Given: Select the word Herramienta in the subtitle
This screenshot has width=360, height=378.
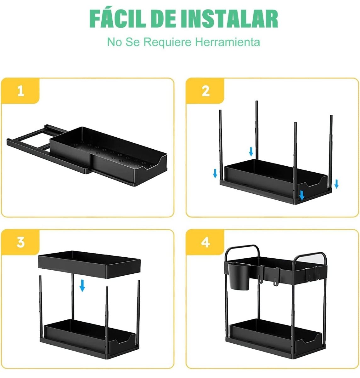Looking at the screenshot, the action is tap(228, 42).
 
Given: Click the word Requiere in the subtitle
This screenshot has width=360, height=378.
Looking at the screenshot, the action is tap(167, 42).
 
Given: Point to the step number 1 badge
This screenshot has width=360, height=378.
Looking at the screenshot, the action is tap(20, 91).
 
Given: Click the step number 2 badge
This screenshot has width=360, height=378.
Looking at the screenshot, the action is tap(205, 91).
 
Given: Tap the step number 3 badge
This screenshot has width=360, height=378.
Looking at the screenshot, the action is tap(20, 242).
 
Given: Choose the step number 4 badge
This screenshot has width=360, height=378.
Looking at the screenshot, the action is tap(205, 242).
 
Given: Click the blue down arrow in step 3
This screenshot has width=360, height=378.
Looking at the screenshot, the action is tap(82, 285).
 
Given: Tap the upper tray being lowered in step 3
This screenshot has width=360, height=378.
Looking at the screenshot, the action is tap(89, 264).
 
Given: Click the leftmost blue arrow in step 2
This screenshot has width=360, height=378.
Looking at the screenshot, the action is tap(215, 173).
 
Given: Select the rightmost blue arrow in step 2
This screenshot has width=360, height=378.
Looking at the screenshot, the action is tap(336, 184).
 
